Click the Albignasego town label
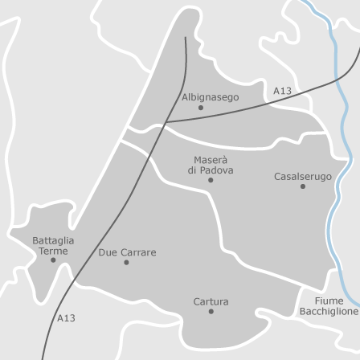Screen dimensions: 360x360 tap(210, 97)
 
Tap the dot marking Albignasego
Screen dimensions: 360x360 tap(201, 108)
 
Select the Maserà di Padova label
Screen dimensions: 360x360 tap(211, 165)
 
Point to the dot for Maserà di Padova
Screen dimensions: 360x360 tap(211, 180)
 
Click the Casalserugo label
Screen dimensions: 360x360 tap(302, 177)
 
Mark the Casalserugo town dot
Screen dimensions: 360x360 tap(303, 186)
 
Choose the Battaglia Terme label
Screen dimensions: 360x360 tap(53, 245)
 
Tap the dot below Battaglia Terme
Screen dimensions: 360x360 tap(53, 260)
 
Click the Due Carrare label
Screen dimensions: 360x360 tap(127, 252)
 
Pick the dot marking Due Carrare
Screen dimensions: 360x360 tap(126, 262)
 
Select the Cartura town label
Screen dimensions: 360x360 tap(211, 302)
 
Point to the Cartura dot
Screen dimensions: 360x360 tap(211, 311)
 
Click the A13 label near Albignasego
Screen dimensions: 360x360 tap(282, 92)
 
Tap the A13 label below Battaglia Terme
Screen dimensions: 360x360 tap(66, 318)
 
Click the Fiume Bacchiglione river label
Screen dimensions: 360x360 tap(329, 306)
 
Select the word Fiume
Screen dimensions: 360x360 tap(329, 301)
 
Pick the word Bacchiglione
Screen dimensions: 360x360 tap(329, 312)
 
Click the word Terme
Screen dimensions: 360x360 tap(53, 251)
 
